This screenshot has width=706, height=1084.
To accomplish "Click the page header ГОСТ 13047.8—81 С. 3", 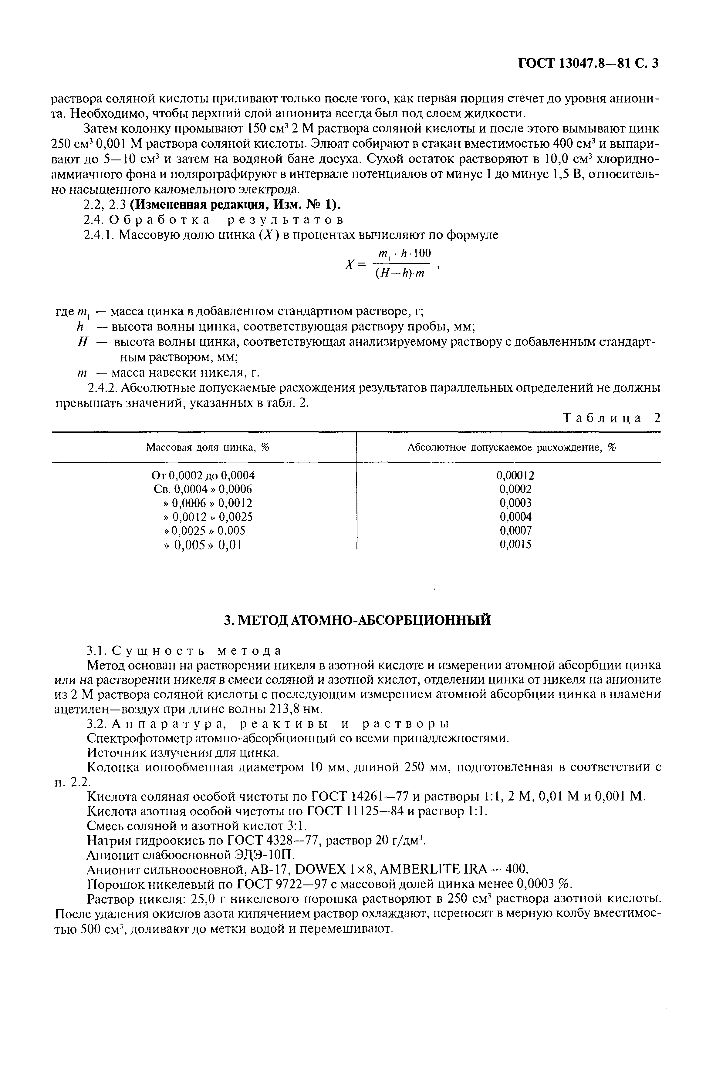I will click(x=588, y=63).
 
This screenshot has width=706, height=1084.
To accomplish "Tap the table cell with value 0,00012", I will click(x=515, y=475).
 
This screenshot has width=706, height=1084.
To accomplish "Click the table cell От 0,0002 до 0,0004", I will click(x=203, y=475).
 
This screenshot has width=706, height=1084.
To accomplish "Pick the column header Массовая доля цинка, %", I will click(x=208, y=448).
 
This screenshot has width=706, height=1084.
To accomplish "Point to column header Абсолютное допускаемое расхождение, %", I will click(x=511, y=448).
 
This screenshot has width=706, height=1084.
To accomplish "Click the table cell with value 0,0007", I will click(x=515, y=531).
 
